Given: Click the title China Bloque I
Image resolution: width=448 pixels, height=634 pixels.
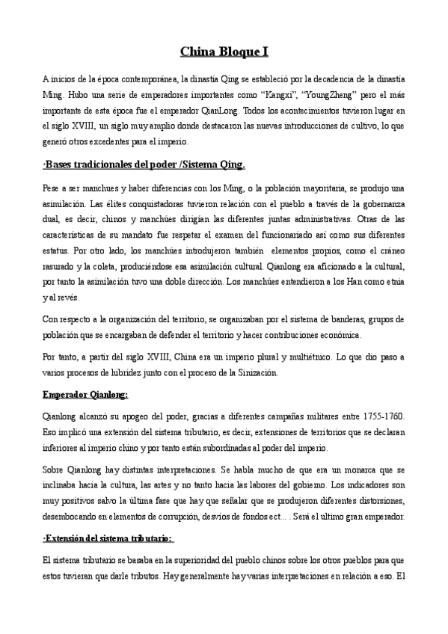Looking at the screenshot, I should click(x=224, y=52).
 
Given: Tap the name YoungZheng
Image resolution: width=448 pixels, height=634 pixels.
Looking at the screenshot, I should click(x=355, y=96).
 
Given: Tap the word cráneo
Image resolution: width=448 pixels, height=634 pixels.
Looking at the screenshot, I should click(x=388, y=250).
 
